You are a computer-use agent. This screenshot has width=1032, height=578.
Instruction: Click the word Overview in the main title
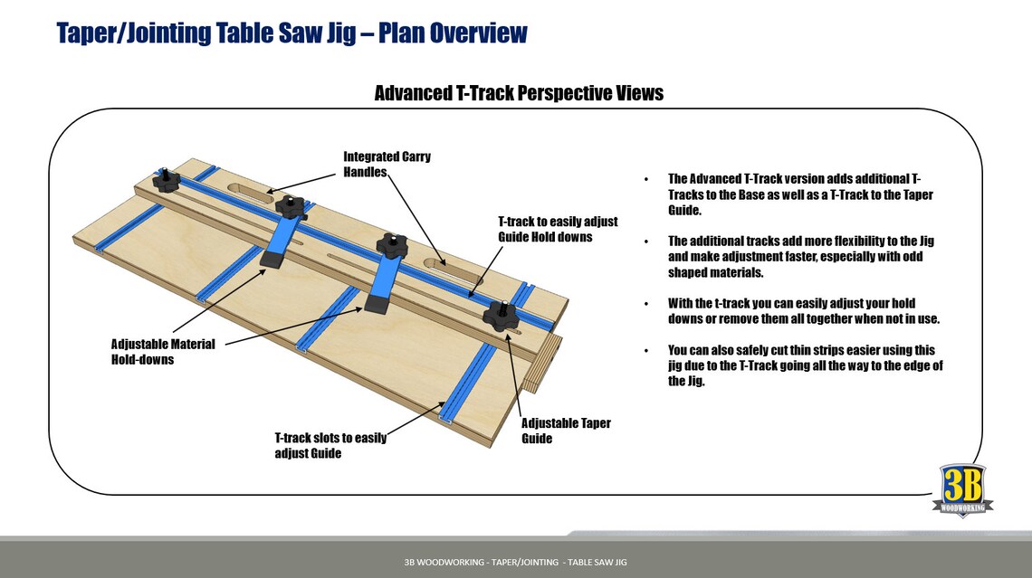click(x=478, y=33)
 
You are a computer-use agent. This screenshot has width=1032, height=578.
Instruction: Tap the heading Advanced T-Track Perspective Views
click(x=518, y=93)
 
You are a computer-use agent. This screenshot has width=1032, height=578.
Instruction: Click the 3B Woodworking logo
click(x=962, y=489)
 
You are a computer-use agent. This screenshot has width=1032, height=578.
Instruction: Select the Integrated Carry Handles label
click(x=387, y=164)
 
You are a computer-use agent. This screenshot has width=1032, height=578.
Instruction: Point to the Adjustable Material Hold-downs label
click(x=163, y=352)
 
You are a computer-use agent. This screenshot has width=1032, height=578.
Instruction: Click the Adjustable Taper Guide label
click(x=566, y=431)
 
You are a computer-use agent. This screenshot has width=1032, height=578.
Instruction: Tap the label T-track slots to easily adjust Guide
click(x=330, y=445)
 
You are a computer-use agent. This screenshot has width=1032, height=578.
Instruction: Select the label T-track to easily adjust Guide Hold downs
click(x=558, y=229)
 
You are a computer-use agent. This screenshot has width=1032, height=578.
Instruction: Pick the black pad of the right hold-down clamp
click(x=376, y=304)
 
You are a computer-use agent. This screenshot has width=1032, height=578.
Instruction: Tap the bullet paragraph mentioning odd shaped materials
click(x=800, y=257)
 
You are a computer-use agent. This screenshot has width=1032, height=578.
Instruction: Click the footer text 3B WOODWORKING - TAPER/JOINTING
click(x=515, y=563)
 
